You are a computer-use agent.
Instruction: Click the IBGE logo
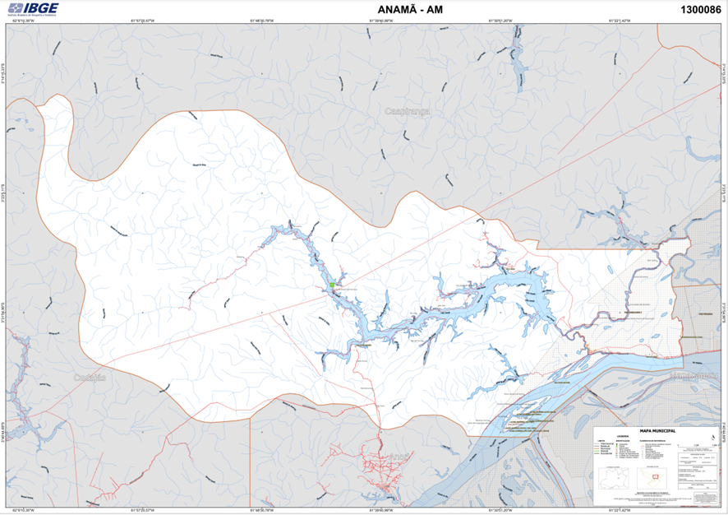[33, 9]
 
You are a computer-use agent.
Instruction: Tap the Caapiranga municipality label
[408, 109]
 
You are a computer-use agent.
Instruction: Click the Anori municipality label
[398, 457]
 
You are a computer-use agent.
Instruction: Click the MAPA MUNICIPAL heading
[652, 430]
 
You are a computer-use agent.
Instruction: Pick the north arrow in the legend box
[711, 437]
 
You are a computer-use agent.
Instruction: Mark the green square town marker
[332, 285]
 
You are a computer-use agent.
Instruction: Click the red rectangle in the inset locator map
[655, 476]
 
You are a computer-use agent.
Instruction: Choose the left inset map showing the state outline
[614, 478]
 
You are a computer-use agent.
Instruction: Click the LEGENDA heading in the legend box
[624, 437]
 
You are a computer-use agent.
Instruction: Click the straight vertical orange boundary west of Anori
[250, 457]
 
